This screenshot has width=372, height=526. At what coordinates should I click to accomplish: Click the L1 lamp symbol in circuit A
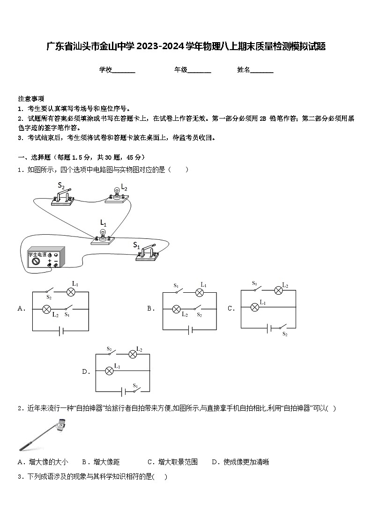[x=71, y=292]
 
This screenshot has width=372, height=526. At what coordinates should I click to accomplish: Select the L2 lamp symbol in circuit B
[x=177, y=309]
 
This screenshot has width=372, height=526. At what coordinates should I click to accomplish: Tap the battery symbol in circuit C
[x=268, y=328]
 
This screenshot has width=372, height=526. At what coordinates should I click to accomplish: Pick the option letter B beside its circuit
[x=150, y=309]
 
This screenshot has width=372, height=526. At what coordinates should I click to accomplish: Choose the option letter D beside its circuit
[x=85, y=372]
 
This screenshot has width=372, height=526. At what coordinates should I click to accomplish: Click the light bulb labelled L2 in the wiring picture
[x=115, y=193]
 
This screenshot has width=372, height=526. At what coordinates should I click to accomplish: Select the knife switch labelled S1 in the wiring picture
[x=148, y=252]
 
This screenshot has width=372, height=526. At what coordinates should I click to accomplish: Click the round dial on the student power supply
[x=35, y=262]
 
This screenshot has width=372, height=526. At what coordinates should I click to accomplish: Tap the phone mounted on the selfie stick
[x=61, y=425]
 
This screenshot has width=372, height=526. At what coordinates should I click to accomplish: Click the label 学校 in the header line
[x=105, y=70]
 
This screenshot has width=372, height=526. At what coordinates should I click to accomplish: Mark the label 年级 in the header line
[x=181, y=70]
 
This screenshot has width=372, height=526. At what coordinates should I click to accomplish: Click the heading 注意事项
[x=31, y=99]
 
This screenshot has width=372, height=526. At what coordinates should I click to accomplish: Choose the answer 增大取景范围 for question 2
[x=178, y=462]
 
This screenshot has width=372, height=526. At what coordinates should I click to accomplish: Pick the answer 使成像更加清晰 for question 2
[x=246, y=462]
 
